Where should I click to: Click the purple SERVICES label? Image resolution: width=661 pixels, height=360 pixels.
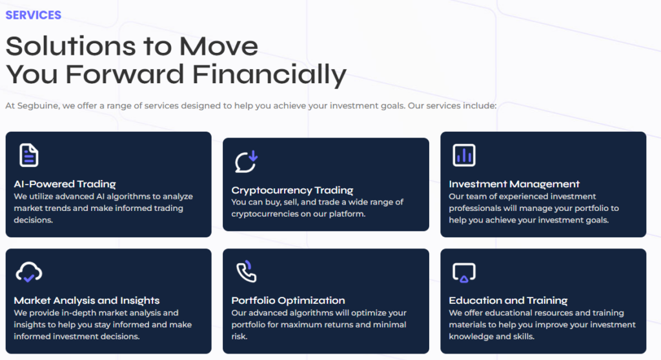click(x=34, y=15)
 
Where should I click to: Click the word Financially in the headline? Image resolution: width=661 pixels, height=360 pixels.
click(x=269, y=75)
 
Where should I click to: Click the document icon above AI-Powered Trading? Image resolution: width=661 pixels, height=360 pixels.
click(x=28, y=155)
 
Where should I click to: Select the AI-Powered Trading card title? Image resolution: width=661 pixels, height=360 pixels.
click(x=65, y=185)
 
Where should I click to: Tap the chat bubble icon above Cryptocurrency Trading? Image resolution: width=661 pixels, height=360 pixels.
click(x=246, y=162)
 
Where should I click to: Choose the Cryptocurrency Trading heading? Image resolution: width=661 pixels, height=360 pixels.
click(x=292, y=190)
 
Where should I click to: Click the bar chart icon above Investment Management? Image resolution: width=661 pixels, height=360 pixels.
click(x=463, y=155)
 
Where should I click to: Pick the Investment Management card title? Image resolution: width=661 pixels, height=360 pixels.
click(x=514, y=185)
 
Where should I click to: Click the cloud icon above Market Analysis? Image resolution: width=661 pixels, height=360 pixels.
click(x=28, y=272)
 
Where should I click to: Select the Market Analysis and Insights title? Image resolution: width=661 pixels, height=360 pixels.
click(x=87, y=301)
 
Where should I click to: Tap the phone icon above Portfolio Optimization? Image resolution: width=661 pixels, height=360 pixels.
click(x=246, y=272)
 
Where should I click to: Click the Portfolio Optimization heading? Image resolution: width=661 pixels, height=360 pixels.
click(x=289, y=301)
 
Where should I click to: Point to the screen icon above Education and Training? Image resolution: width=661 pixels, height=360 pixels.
click(x=463, y=272)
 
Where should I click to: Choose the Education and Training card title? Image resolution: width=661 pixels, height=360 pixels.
click(x=509, y=301)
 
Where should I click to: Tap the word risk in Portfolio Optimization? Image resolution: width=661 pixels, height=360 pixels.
click(x=239, y=336)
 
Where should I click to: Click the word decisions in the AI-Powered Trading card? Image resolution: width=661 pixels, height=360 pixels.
click(x=34, y=220)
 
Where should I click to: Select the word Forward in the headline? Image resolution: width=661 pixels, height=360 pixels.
click(x=125, y=74)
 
